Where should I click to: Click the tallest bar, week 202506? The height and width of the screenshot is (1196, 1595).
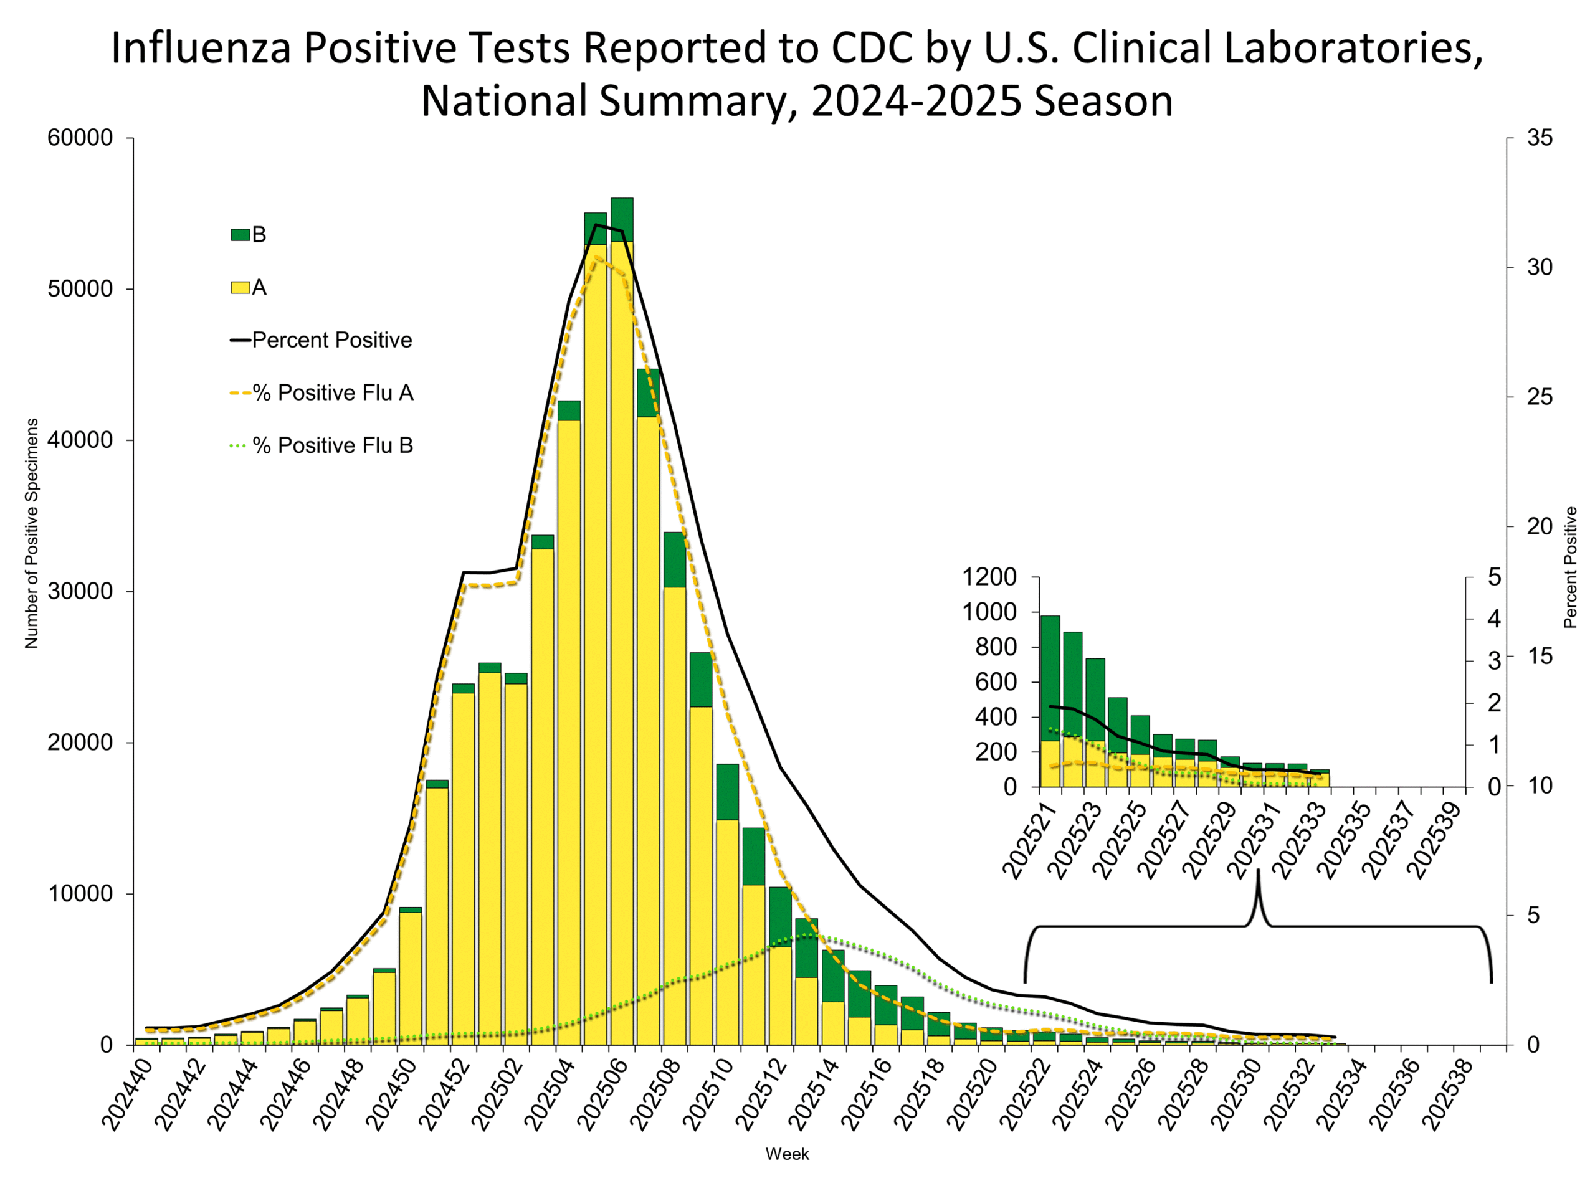(x=622, y=620)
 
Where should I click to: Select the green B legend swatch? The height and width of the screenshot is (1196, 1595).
(x=240, y=235)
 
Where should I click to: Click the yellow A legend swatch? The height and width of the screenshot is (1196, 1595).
(x=240, y=288)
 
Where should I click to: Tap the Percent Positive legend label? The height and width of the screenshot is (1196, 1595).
(x=331, y=340)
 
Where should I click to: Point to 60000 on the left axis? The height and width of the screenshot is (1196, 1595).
(x=80, y=138)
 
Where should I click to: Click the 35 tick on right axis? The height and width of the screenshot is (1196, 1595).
(x=1540, y=138)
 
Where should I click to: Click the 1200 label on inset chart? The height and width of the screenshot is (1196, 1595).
(x=989, y=577)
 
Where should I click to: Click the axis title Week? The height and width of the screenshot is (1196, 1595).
(x=788, y=1154)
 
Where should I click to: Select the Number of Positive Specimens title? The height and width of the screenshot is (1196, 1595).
(x=32, y=533)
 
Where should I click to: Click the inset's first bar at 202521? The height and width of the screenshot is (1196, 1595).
(x=1050, y=701)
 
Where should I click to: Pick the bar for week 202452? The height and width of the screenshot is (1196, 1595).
(x=463, y=865)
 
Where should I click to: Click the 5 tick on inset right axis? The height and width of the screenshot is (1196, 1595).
(x=1494, y=577)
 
